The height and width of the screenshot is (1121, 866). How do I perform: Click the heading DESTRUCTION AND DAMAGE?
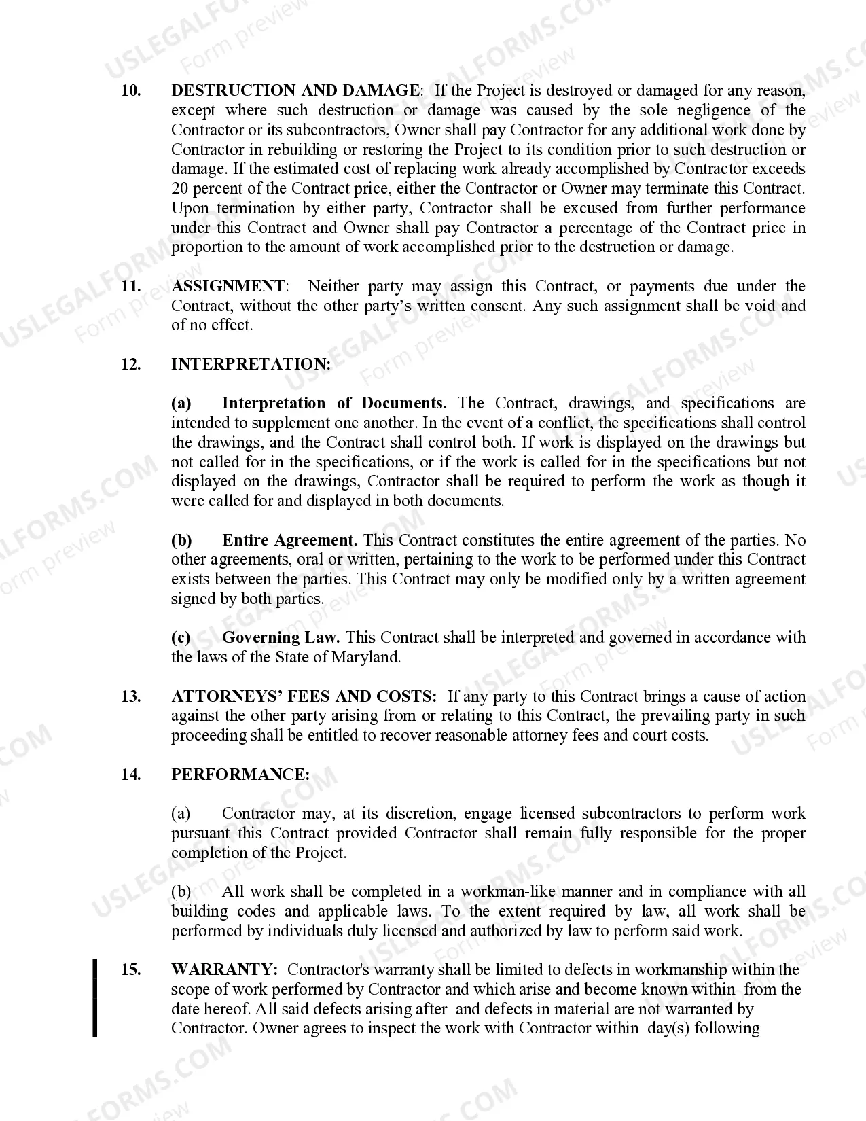[x=295, y=90]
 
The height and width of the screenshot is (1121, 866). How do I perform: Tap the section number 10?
[x=130, y=90]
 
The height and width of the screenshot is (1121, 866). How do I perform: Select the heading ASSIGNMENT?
[x=228, y=286]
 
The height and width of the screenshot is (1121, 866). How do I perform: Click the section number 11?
[x=130, y=286]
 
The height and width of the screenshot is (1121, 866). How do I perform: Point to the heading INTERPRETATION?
[x=251, y=364]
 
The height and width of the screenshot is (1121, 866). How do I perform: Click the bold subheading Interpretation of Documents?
[x=334, y=403]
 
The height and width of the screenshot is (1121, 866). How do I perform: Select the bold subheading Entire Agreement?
[x=289, y=540]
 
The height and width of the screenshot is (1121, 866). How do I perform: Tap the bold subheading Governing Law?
[x=282, y=637]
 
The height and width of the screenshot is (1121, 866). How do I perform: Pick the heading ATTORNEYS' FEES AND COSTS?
[x=304, y=696]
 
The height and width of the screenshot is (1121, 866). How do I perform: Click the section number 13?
[x=130, y=696]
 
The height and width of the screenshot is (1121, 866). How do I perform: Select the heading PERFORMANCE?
[x=240, y=775]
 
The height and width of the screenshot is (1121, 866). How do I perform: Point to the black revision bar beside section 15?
[x=95, y=998]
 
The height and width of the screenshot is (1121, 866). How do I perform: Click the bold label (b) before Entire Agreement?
[x=181, y=540]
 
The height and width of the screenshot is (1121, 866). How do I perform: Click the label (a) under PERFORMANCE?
[x=181, y=813]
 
